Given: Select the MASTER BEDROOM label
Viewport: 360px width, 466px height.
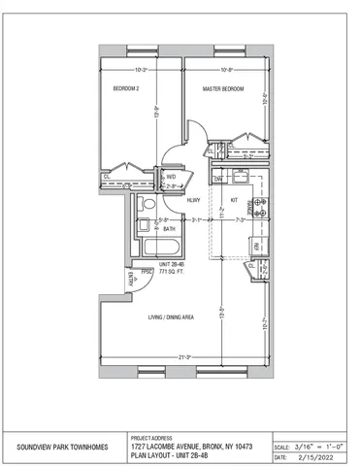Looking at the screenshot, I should [221, 90].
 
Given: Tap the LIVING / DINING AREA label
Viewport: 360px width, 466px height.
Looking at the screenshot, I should [171, 316].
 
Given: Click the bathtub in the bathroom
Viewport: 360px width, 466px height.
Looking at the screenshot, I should [160, 249].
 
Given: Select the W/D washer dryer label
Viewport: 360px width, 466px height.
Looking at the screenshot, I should [170, 177].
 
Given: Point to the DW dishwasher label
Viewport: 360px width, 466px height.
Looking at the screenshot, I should [218, 179].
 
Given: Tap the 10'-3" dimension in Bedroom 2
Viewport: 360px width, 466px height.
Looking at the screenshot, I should [140, 70].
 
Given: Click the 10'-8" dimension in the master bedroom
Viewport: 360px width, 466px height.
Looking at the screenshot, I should [225, 70].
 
